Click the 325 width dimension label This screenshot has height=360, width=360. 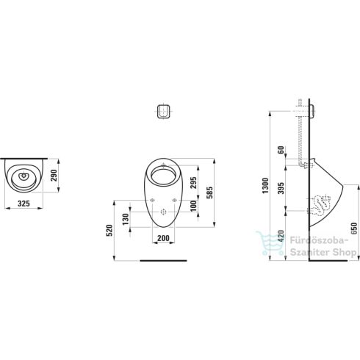point(24,204)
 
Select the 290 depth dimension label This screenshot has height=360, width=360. point(54,176)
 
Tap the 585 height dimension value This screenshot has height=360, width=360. point(209,192)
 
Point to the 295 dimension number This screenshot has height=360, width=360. point(193,183)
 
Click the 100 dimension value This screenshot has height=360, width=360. point(193,206)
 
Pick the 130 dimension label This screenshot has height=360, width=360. point(126,219)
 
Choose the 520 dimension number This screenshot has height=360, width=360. point(109,230)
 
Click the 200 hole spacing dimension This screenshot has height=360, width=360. point(163,238)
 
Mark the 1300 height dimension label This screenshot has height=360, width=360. point(265,186)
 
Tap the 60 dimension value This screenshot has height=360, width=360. point(281,150)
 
